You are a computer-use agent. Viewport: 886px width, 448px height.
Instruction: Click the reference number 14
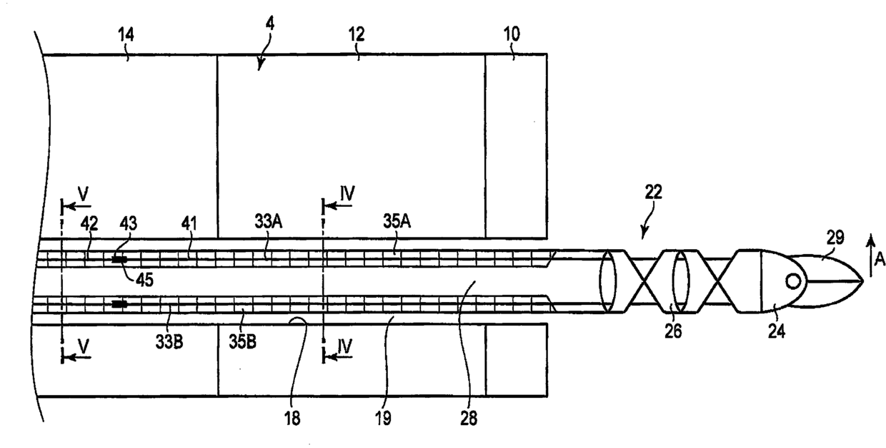pyautogui.click(x=126, y=35)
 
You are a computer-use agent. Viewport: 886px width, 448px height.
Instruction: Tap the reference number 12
pyautogui.click(x=357, y=34)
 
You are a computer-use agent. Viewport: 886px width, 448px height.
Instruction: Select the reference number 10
pyautogui.click(x=512, y=34)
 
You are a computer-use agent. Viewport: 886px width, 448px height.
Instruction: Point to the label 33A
pyautogui.click(x=268, y=221)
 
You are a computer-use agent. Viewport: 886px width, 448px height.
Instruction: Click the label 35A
pyautogui.click(x=397, y=221)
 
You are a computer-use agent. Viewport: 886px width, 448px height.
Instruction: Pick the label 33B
pyautogui.click(x=169, y=342)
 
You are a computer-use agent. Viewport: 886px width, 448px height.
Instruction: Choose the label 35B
pyautogui.click(x=242, y=342)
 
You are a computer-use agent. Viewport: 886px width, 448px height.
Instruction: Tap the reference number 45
pyautogui.click(x=144, y=280)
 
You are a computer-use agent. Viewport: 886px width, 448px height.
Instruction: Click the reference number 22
pyautogui.click(x=653, y=192)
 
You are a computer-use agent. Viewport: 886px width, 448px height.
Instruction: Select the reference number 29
pyautogui.click(x=835, y=238)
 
